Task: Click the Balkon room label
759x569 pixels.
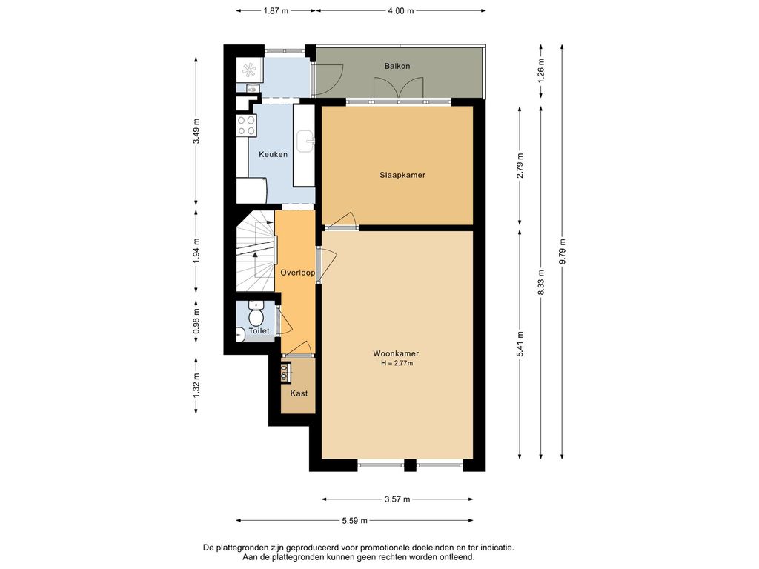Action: pyautogui.click(x=397, y=66)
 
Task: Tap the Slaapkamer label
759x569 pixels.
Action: pyautogui.click(x=402, y=175)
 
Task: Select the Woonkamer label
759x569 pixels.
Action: pyautogui.click(x=396, y=353)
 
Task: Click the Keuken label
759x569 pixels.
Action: pyautogui.click(x=273, y=154)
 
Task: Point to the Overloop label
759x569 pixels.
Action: pyautogui.click(x=298, y=273)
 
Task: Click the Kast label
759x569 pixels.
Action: pyautogui.click(x=299, y=393)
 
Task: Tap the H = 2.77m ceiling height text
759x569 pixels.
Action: pyautogui.click(x=397, y=363)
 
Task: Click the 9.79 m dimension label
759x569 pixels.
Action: pyautogui.click(x=562, y=252)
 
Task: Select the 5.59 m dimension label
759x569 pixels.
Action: pyautogui.click(x=354, y=521)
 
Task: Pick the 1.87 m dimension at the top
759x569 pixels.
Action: pyautogui.click(x=276, y=10)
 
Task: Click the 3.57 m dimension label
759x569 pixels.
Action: pyautogui.click(x=397, y=499)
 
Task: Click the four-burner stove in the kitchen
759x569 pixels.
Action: pyautogui.click(x=246, y=124)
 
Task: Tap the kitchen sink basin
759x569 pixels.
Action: pyautogui.click(x=305, y=141)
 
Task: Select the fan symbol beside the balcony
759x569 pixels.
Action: pyautogui.click(x=249, y=70)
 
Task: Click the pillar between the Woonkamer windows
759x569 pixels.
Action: pyautogui.click(x=410, y=465)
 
